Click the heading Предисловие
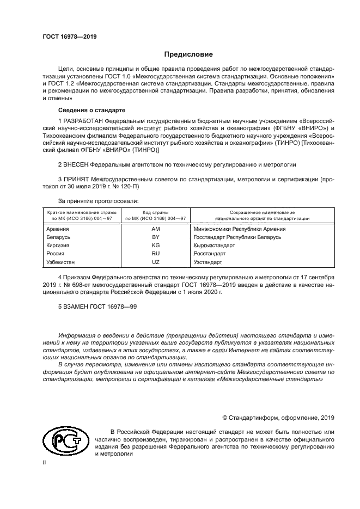tap(188, 54)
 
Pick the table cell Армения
tap(58, 229)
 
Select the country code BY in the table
tap(155, 237)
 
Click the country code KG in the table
tap(155, 246)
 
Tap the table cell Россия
tap(56, 254)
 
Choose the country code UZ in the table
tap(155, 262)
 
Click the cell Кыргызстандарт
tap(214, 246)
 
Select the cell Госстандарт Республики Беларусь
tap(237, 237)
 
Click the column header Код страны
tap(155, 212)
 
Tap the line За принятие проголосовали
tap(98, 201)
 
